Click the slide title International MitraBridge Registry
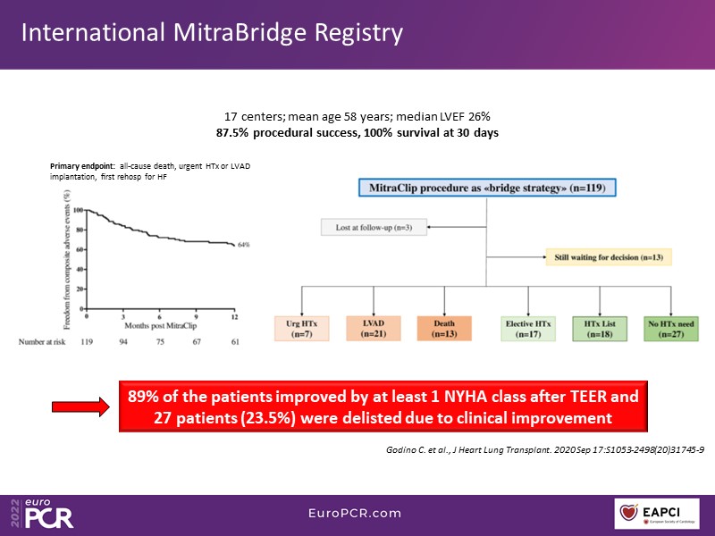[212, 33]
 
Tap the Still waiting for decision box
[608, 258]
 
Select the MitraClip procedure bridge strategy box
[486, 188]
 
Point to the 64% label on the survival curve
[244, 244]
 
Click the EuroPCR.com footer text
[357, 514]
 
